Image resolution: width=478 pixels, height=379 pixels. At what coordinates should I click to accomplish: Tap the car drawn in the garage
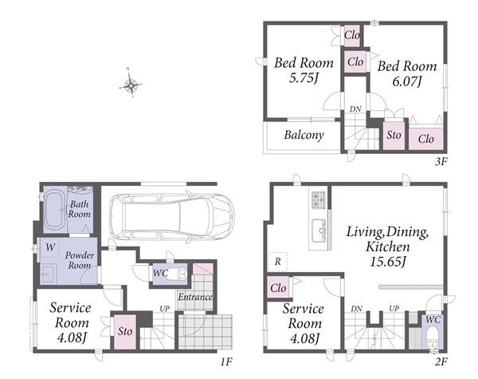[171, 216]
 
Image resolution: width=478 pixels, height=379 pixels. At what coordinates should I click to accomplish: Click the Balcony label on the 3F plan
[304, 135]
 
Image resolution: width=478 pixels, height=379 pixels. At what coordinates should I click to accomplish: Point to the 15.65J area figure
[388, 262]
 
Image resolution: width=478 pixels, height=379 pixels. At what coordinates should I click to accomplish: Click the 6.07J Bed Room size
[407, 81]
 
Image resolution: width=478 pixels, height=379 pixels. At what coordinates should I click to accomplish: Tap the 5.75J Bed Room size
[304, 78]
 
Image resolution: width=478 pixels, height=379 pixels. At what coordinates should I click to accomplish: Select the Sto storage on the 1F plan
[125, 331]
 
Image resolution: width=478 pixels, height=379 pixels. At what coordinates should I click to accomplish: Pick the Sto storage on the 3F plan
[394, 136]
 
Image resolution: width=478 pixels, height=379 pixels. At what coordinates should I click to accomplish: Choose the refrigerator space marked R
[277, 262]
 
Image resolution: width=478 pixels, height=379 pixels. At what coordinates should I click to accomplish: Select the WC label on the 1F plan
[160, 273]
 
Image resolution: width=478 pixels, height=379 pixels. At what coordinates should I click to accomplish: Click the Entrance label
[195, 297]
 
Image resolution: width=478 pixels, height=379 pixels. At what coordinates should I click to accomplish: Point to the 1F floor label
[226, 362]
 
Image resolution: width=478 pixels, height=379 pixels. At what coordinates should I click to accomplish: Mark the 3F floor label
[441, 161]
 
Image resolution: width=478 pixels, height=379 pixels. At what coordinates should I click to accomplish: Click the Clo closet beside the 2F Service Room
[278, 288]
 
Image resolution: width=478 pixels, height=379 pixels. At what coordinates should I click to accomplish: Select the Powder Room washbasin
[48, 274]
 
